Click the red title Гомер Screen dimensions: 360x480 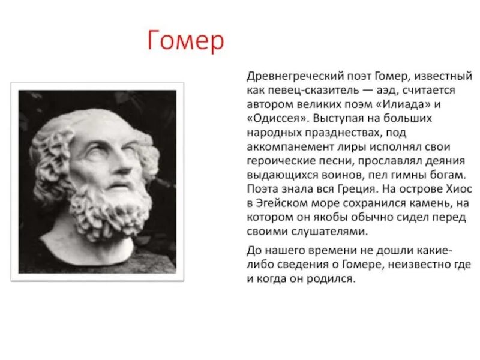pos(185,41)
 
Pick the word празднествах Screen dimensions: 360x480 pos(338,133)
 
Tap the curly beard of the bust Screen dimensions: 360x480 pos(111,207)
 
